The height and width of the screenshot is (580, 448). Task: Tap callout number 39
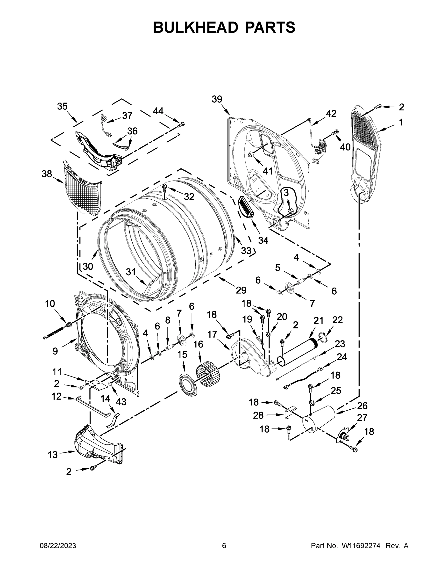[217, 99]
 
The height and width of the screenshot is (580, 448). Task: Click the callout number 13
[53, 454]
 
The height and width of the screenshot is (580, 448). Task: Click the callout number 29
[241, 290]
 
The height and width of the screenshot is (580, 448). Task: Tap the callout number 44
[158, 111]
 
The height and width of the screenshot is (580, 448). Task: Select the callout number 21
[318, 321]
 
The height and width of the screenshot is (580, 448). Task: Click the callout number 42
[331, 114]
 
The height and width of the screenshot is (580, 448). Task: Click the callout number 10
[50, 303]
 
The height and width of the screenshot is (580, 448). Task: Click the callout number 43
[121, 402]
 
